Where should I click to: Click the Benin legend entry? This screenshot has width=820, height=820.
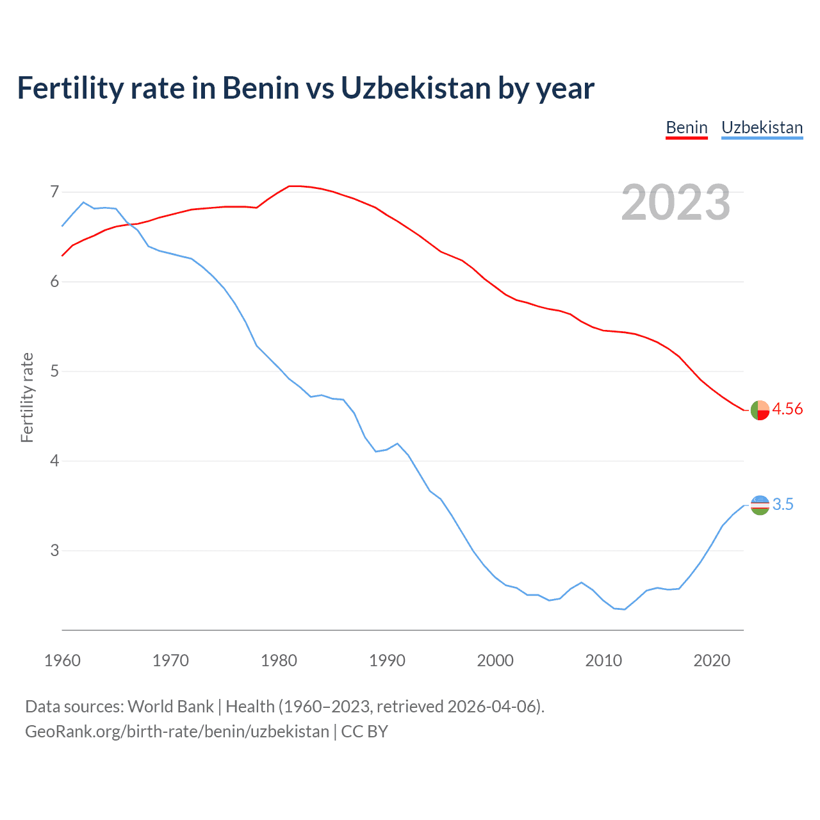(686, 127)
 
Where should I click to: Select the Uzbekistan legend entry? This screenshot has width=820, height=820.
(762, 127)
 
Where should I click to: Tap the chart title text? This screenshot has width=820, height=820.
(306, 88)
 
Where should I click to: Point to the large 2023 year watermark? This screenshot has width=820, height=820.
(675, 202)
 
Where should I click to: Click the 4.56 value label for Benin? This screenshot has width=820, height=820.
(787, 409)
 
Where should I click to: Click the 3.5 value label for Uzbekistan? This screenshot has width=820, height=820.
(783, 505)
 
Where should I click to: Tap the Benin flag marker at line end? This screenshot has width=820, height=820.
(760, 410)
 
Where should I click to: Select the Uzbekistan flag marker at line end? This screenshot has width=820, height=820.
(760, 505)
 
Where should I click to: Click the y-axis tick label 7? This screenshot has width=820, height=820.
(54, 192)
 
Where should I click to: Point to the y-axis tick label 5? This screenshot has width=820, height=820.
(54, 372)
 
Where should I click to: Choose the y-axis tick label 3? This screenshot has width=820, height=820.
(54, 551)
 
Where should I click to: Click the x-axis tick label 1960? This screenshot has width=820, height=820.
(62, 660)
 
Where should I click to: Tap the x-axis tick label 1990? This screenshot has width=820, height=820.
(387, 660)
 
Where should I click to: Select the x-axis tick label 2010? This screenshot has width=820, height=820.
(603, 660)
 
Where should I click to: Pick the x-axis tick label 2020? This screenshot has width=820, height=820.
(712, 660)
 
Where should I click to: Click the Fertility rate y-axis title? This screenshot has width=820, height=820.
(27, 397)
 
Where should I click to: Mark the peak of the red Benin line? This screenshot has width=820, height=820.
(293, 186)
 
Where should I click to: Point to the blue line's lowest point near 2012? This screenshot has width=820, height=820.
(624, 609)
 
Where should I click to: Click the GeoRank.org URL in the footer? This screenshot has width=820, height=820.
(177, 732)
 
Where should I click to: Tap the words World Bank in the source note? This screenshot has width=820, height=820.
(170, 707)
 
